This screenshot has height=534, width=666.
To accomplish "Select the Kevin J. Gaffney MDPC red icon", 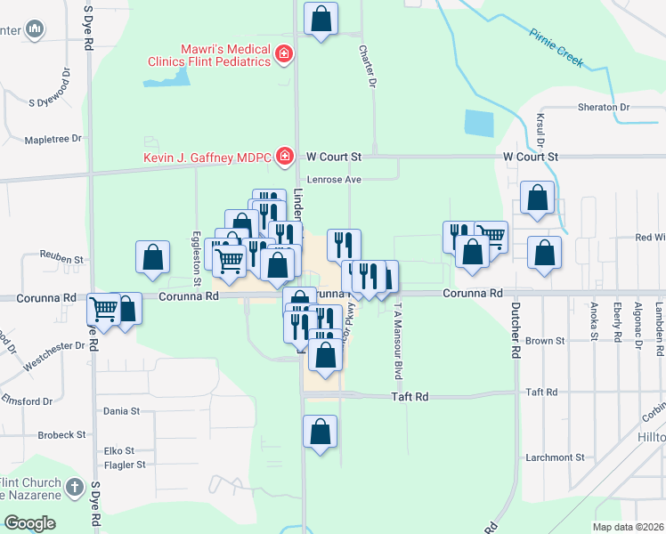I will point(284,158).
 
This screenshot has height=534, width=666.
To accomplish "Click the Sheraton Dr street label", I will point(604,107).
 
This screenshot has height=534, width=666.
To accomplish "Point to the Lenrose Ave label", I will point(334,179).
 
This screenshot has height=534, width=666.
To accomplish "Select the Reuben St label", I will point(61,260).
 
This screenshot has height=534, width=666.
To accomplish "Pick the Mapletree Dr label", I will point(53,139).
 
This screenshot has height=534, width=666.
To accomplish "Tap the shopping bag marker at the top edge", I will point(321,18).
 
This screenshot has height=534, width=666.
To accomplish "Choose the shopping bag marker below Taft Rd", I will point(320,432).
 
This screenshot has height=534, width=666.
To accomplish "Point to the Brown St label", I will point(546,341).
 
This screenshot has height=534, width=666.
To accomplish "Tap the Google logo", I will point(29,523).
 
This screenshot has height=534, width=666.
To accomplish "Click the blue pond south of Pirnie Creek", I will point(479,123).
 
